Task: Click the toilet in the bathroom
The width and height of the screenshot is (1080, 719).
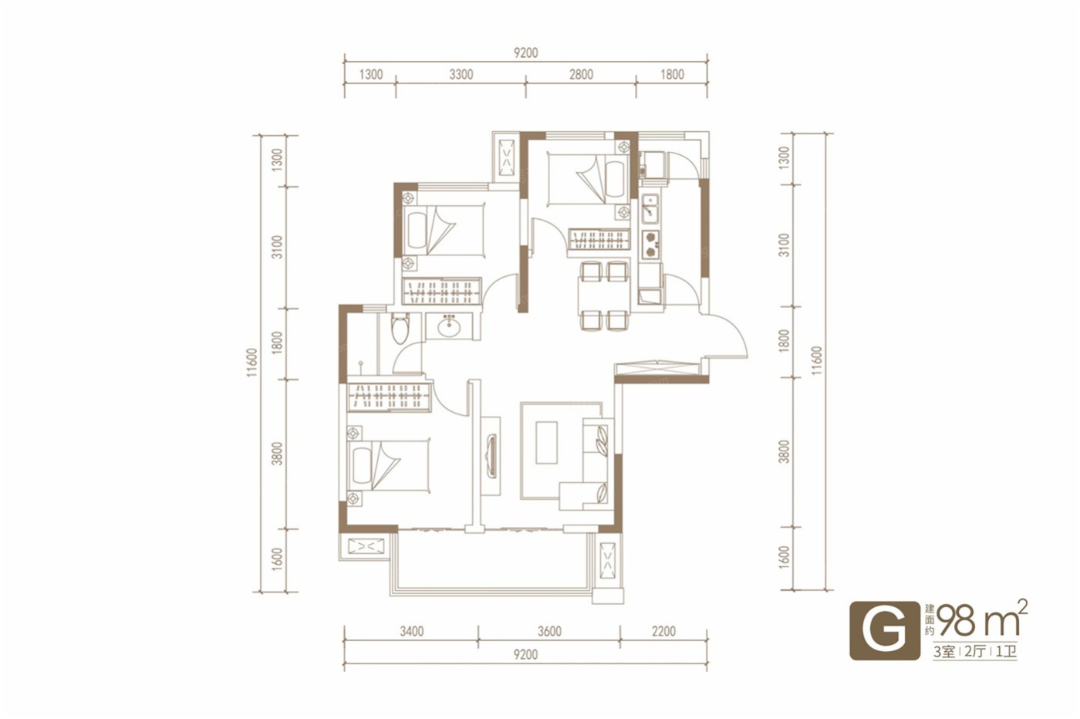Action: pos(400,329)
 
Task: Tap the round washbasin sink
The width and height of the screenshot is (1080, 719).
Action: pos(449,326)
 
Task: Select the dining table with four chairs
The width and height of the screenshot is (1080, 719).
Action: pos(605,295)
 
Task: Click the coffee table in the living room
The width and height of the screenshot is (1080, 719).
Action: pos(547,443)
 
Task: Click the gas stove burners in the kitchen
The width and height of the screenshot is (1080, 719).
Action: pos(651,244)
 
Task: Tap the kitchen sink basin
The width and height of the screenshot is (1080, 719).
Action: pos(650,209)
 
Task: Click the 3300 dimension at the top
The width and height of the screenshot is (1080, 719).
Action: pos(461,75)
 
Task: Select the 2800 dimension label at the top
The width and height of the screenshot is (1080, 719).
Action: pos(581,75)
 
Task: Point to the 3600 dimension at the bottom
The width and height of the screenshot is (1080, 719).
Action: pos(549,631)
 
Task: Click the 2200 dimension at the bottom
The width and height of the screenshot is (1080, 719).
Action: pos(664,631)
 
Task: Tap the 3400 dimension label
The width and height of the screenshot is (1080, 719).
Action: pos(412,631)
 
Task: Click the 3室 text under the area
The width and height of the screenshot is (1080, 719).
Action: pos(944,652)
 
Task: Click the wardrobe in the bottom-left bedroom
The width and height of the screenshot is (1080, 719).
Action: pos(389,397)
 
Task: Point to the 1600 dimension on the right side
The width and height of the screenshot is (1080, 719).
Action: pos(785,559)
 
